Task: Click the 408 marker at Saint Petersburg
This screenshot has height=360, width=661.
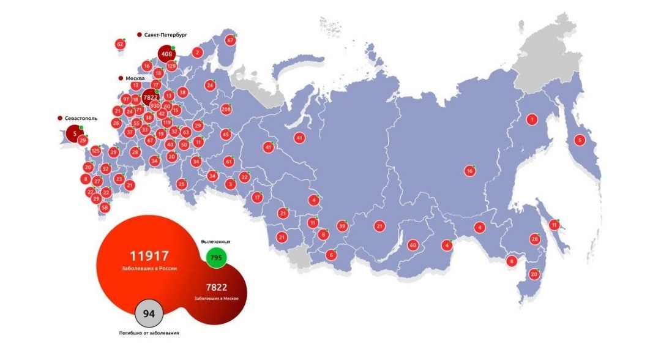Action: [166, 54]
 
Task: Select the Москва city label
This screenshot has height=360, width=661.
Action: [135, 79]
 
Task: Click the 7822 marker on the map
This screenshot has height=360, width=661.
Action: [149, 97]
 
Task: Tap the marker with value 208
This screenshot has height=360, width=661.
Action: [226, 110]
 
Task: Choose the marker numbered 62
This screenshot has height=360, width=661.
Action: [120, 44]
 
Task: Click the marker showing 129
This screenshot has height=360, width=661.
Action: [171, 66]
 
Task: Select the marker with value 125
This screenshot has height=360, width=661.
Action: [95, 151]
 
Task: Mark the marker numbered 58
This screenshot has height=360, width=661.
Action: [105, 207]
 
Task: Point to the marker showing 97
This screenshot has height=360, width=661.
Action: [126, 99]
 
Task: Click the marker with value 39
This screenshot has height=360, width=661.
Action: [343, 226]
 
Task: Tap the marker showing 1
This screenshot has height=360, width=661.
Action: [532, 119]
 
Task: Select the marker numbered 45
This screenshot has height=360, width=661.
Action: [226, 135]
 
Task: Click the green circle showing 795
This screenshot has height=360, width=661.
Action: [216, 258]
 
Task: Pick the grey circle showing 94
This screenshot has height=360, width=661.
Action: [149, 314]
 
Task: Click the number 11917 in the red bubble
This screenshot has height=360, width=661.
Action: [149, 256]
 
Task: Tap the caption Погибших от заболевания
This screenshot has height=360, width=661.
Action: [149, 333]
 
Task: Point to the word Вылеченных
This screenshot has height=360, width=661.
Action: [216, 242]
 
